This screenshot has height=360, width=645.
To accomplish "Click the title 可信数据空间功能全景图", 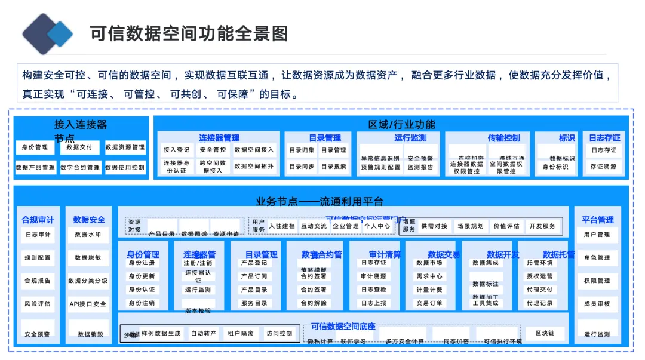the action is (x=189, y=33).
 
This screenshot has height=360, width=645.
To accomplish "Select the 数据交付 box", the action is (x=79, y=147).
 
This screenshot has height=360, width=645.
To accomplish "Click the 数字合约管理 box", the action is (x=79, y=168).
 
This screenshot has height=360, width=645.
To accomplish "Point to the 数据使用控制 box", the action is (x=125, y=168).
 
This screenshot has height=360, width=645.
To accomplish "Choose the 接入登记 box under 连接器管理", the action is (x=176, y=150).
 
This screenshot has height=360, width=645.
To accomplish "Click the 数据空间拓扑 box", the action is (x=254, y=167).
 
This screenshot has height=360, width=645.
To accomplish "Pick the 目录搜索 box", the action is (x=333, y=167).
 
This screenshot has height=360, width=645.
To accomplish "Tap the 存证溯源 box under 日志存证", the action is (x=603, y=167).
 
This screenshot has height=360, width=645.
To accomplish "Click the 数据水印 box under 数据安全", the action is (x=88, y=235).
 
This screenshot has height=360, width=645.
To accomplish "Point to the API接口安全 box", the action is (x=88, y=304).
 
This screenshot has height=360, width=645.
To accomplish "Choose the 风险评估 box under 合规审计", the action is (x=37, y=304).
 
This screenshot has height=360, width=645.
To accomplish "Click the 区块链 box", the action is (x=544, y=333).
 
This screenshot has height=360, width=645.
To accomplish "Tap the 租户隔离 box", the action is (x=240, y=333).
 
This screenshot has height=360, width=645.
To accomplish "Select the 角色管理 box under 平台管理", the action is (x=597, y=258).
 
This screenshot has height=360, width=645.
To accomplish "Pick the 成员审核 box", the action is (x=597, y=304).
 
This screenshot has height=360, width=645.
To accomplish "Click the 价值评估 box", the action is (x=506, y=226).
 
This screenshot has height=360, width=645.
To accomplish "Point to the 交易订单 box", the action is (x=429, y=303).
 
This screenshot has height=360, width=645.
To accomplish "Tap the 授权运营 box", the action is (x=539, y=276).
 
